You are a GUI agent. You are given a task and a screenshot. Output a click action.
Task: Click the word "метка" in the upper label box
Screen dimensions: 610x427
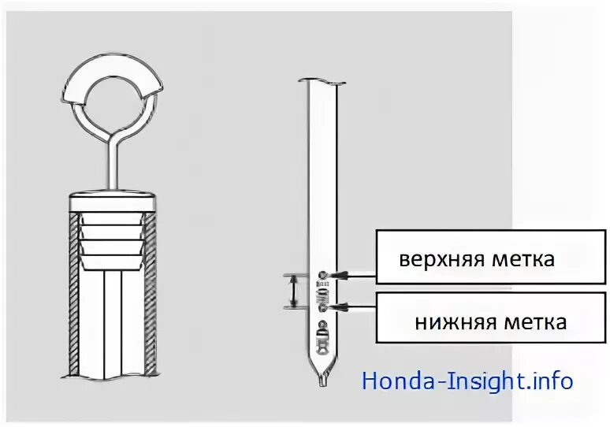[523, 259]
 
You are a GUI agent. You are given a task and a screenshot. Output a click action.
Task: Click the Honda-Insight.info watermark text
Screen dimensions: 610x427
[467, 381]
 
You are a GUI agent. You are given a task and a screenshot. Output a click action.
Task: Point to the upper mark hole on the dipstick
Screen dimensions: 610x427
[322, 274]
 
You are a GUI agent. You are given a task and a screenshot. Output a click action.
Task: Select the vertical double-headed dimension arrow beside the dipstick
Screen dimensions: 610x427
[292, 291]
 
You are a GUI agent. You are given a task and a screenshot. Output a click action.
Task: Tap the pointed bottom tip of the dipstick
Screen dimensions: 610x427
[322, 381]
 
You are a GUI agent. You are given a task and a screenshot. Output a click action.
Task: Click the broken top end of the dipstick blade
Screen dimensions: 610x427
[322, 81]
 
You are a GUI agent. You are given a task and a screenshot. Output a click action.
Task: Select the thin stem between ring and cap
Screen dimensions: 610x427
[112, 165]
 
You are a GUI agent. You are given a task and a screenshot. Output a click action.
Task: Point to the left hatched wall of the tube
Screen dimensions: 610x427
[76, 299]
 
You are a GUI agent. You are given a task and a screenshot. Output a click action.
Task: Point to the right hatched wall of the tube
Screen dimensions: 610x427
[149, 299]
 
